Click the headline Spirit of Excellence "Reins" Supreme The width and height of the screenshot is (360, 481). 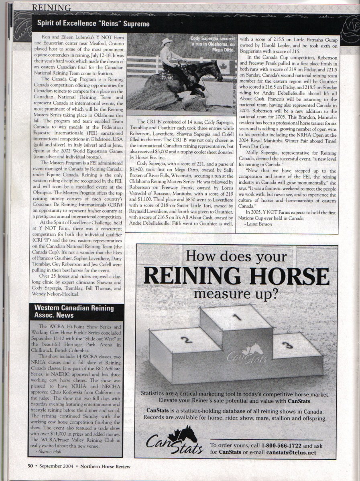click(x=93, y=24)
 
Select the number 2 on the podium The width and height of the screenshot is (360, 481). click(x=185, y=340)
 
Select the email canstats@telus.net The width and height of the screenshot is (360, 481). click(x=291, y=453)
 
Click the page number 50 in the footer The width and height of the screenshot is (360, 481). click(x=30, y=466)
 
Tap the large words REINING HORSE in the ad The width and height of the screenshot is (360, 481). click(x=236, y=276)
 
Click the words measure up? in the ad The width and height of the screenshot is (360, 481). click(x=236, y=294)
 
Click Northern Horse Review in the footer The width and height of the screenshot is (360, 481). click(x=106, y=466)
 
